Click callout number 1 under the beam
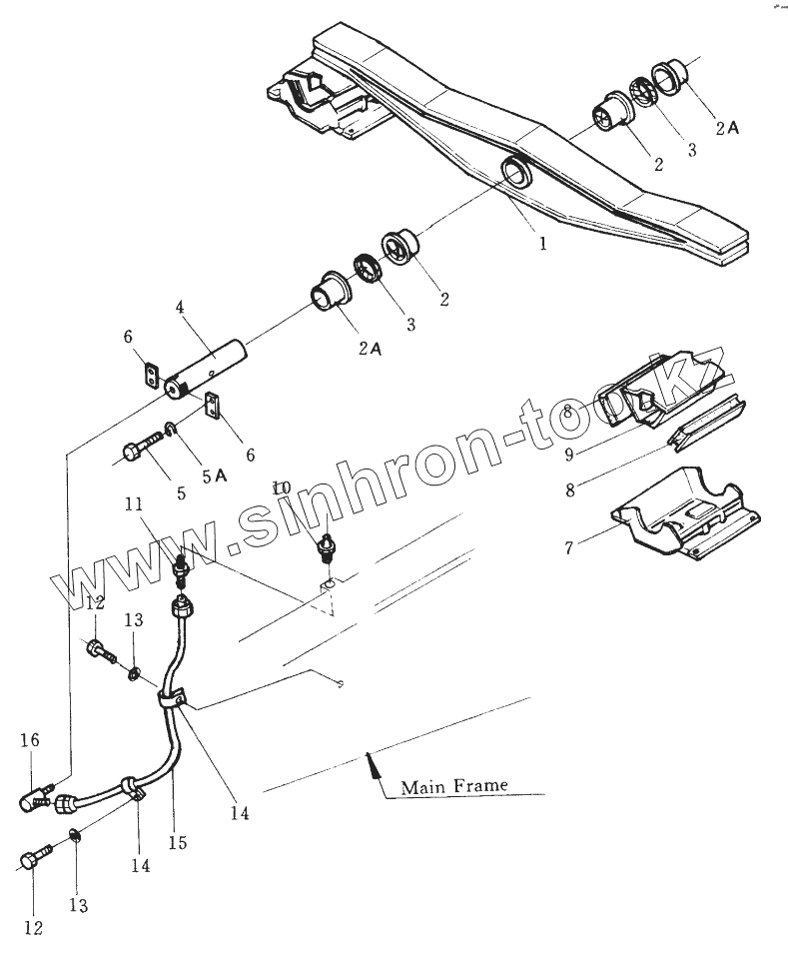point(543,243)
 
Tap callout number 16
point(30,739)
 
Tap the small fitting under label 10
point(324,546)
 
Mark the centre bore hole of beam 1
point(518,174)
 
